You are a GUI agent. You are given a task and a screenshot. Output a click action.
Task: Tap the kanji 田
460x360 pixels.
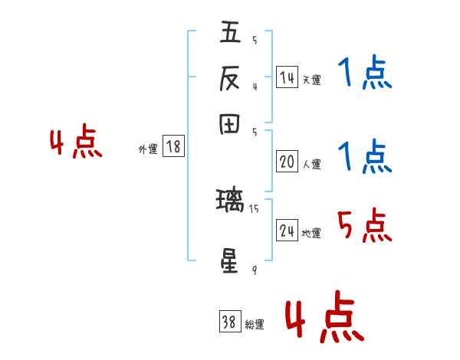point(230,125)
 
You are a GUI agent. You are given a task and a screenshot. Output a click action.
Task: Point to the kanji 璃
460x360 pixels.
point(230,202)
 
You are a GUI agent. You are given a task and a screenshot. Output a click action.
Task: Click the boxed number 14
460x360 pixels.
point(287,77)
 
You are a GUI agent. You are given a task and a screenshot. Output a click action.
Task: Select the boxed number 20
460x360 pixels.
point(287,162)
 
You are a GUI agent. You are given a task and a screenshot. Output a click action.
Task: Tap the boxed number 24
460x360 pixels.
point(287,231)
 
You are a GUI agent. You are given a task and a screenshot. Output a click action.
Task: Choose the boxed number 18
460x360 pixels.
point(173,147)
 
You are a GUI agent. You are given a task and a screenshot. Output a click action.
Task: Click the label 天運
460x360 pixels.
point(311,80)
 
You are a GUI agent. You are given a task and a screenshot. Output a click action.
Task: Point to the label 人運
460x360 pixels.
point(311,164)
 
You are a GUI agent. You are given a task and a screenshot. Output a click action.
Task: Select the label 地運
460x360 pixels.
point(311,234)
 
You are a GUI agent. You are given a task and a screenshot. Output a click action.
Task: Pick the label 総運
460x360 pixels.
point(255,325)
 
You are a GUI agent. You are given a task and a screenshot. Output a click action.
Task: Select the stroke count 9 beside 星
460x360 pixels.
point(254,270)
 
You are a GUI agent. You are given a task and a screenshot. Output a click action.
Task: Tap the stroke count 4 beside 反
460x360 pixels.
point(254,86)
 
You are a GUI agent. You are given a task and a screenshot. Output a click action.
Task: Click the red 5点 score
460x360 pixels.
point(364,226)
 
